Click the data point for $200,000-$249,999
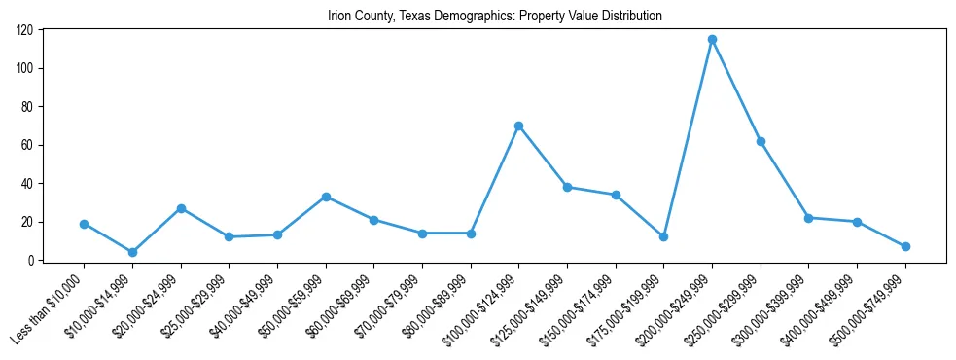[712, 40]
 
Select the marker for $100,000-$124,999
[518, 126]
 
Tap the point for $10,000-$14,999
[132, 252]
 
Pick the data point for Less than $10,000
[84, 224]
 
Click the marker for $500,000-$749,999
[905, 246]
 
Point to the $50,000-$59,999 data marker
[326, 197]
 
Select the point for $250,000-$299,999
[761, 141]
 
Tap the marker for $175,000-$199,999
[663, 236]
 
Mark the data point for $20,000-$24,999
[181, 208]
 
